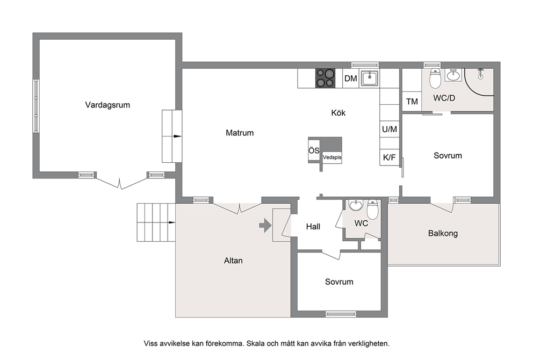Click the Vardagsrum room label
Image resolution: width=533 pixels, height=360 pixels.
(107, 105)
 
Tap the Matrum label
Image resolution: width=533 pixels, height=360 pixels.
(240, 133)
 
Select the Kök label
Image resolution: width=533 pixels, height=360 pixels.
(338, 113)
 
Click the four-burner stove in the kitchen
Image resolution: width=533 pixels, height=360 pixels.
(325, 78)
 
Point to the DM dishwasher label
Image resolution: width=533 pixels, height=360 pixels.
(351, 78)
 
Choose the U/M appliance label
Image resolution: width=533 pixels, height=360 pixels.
(390, 129)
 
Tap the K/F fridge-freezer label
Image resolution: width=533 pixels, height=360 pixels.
(389, 158)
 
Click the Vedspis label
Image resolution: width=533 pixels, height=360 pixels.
(332, 157)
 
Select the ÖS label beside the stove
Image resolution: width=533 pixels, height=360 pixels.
(314, 150)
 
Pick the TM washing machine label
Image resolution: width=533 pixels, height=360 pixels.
(412, 102)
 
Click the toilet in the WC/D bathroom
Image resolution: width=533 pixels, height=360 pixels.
(435, 78)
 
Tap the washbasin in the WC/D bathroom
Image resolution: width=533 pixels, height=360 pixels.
(453, 75)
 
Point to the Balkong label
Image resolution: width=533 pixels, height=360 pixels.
(443, 234)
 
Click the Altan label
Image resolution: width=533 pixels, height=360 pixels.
(233, 261)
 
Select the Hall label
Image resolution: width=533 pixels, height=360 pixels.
(313, 227)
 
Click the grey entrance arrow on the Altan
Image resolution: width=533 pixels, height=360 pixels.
(265, 225)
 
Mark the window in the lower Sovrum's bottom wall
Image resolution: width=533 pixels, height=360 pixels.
(341, 314)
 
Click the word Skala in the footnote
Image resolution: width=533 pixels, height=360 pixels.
(255, 343)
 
